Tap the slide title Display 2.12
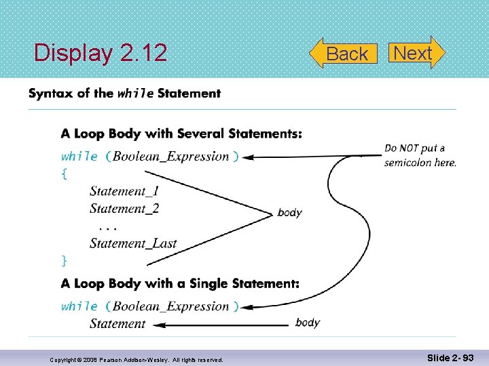point(101,53)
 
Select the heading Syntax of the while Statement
point(124,94)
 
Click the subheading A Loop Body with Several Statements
point(181,134)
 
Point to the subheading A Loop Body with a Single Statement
point(180,283)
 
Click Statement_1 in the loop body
point(124,192)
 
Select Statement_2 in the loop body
point(124,209)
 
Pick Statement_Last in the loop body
point(133,243)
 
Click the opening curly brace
point(65,174)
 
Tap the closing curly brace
point(65,260)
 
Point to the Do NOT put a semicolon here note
point(420,155)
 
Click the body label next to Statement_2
point(290,213)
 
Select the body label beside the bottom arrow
point(308,323)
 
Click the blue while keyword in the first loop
point(79,157)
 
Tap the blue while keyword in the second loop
point(79,306)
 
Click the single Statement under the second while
point(117,324)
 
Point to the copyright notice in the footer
point(136,360)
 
